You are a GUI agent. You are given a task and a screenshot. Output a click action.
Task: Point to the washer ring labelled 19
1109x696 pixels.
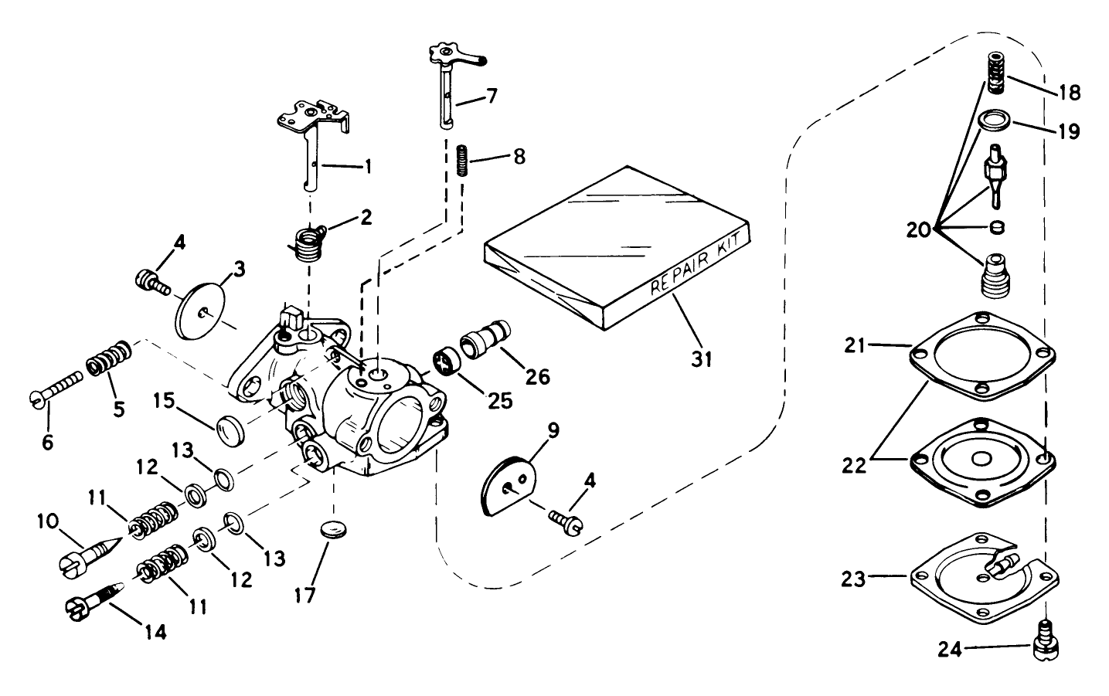click(x=994, y=122)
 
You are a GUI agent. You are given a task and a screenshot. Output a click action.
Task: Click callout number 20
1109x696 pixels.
click(x=920, y=229)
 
